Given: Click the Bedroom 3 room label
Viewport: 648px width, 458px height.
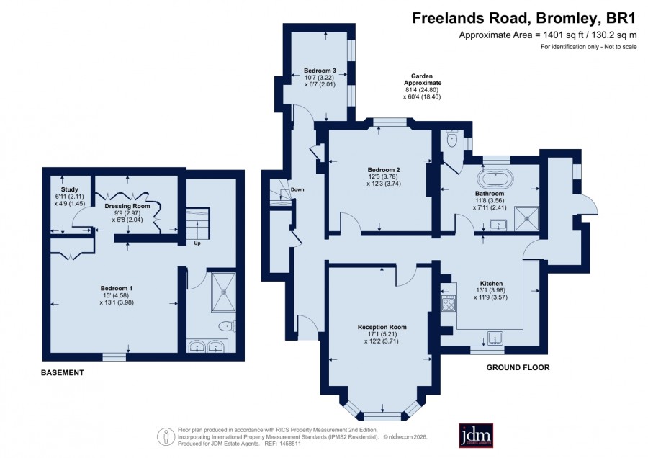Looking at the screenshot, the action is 320,71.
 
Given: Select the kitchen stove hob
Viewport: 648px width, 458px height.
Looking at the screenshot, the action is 449,304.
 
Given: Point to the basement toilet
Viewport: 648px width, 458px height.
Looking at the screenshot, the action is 228,326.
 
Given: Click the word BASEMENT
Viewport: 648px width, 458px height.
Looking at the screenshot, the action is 63,373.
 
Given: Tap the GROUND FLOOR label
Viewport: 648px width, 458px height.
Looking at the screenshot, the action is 518,367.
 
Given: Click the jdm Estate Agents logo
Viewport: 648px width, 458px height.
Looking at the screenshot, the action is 476,435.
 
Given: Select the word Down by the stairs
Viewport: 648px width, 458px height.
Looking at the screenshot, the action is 297,189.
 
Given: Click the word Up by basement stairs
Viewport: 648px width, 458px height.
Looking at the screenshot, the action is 197,243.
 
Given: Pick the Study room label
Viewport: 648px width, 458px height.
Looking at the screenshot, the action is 69,189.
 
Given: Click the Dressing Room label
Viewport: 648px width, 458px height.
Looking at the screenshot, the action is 127,206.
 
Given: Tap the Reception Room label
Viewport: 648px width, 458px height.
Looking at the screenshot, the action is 382,327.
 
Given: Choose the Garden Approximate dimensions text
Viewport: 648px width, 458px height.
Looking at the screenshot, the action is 421,86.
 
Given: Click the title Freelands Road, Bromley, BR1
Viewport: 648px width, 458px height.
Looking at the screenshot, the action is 524,18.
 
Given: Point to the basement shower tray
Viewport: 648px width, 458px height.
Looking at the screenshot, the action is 224,292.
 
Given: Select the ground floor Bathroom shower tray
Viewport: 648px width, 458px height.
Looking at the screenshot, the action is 526,219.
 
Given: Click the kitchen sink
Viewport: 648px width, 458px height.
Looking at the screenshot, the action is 495,338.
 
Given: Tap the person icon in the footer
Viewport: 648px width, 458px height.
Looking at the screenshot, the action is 166,436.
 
